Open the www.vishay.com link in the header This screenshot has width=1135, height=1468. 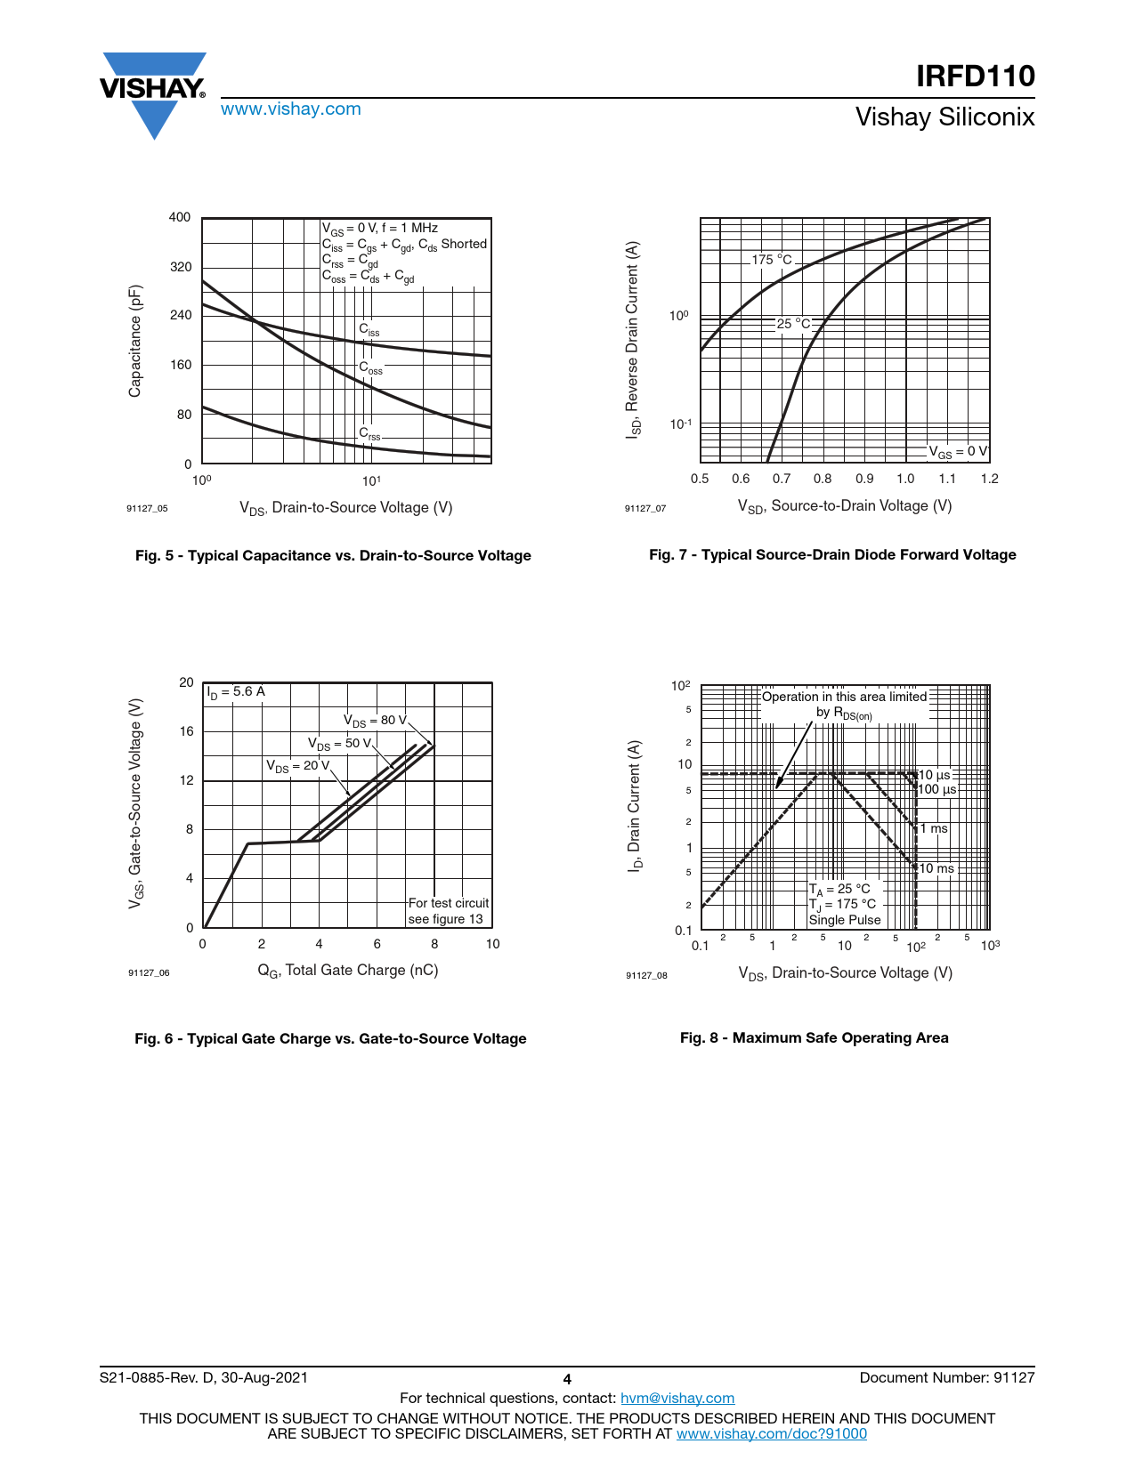click(x=290, y=109)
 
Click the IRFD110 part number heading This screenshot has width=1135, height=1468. click(x=975, y=77)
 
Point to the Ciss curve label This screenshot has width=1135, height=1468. click(x=369, y=330)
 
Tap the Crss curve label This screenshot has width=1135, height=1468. click(x=369, y=434)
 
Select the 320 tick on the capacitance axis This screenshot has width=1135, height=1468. click(x=180, y=267)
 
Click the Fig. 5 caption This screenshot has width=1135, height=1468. click(x=333, y=556)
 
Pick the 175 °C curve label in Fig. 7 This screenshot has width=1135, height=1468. click(x=771, y=260)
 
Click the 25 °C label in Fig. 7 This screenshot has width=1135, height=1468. click(x=793, y=324)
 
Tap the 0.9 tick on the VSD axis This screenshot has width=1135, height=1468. click(x=864, y=479)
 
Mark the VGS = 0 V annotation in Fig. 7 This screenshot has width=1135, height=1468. click(x=958, y=452)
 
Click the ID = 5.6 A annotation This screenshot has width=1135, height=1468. click(x=236, y=692)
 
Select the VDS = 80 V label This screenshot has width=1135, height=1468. click(x=375, y=721)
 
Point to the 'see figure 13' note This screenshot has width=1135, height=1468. click(x=445, y=919)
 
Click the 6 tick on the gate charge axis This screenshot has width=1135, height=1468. click(x=377, y=944)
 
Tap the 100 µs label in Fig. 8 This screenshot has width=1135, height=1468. click(x=936, y=790)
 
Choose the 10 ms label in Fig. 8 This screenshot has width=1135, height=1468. click(x=936, y=869)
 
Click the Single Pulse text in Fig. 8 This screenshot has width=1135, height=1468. click(x=844, y=920)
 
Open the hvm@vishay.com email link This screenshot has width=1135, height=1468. click(x=677, y=1399)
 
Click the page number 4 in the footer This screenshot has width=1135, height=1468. click(x=567, y=1380)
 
